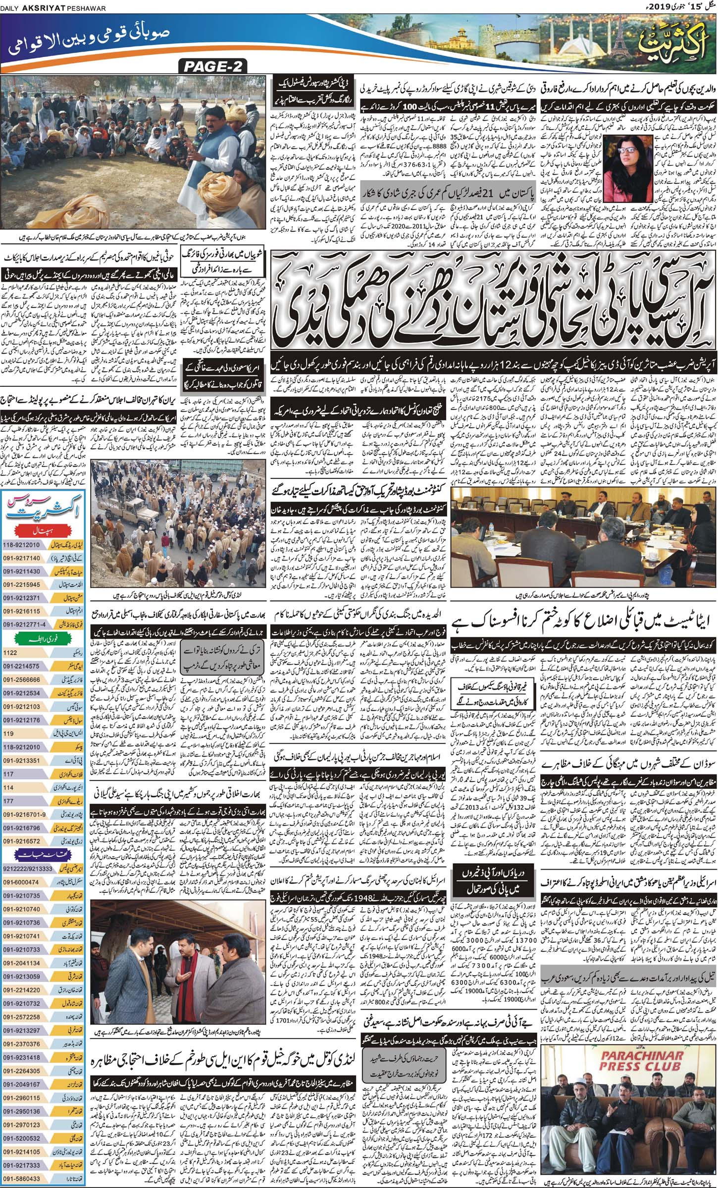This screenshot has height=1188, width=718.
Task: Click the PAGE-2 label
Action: pyautogui.click(x=213, y=66)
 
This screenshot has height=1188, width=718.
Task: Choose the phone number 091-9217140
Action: pyautogui.click(x=22, y=558)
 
